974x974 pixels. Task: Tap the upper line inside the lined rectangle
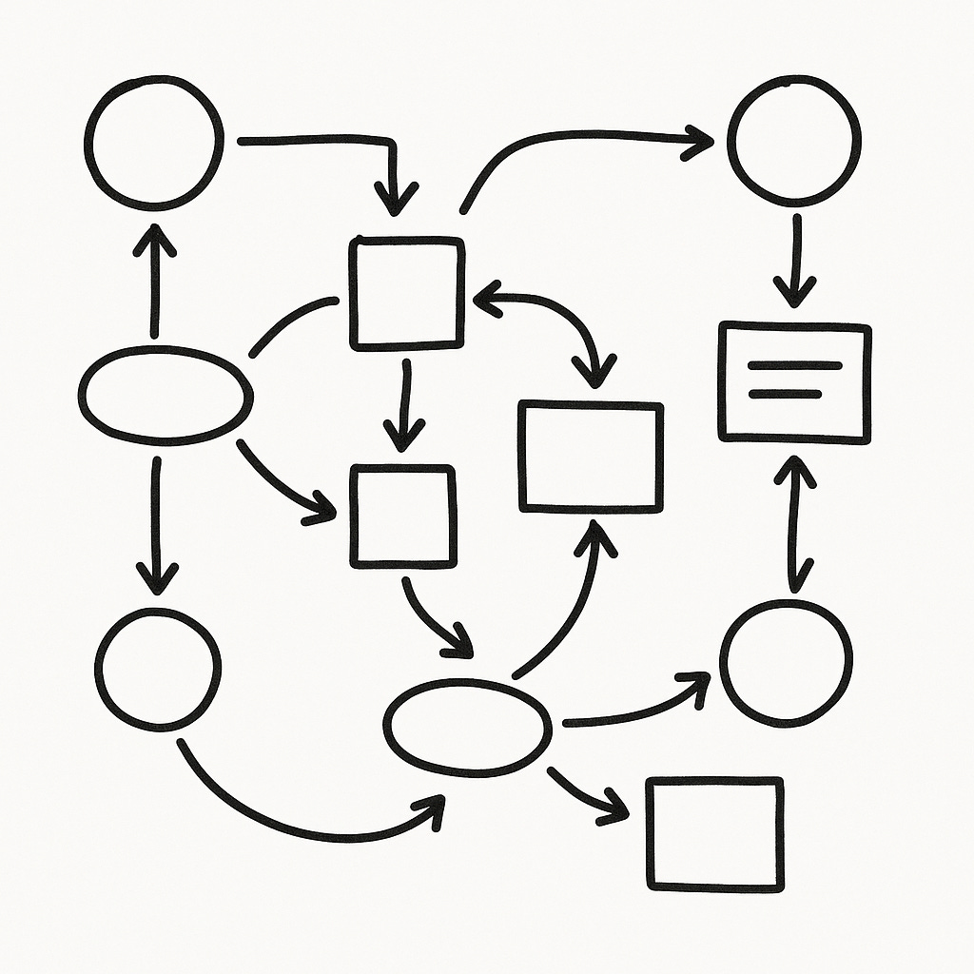coord(794,365)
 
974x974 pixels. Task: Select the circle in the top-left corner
coord(154,142)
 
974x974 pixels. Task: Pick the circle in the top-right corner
coord(794,141)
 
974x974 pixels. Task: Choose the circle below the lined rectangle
coord(786,663)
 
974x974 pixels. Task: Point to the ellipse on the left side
coord(166,395)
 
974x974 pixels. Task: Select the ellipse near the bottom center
coord(467,726)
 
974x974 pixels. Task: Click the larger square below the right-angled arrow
coord(407,292)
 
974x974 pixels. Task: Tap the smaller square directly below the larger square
coord(402,516)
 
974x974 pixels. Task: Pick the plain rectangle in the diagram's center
coord(591,457)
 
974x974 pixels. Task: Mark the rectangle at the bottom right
coord(715,833)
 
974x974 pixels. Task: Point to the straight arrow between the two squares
coord(406,404)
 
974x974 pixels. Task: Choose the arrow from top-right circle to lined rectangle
coord(795,257)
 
